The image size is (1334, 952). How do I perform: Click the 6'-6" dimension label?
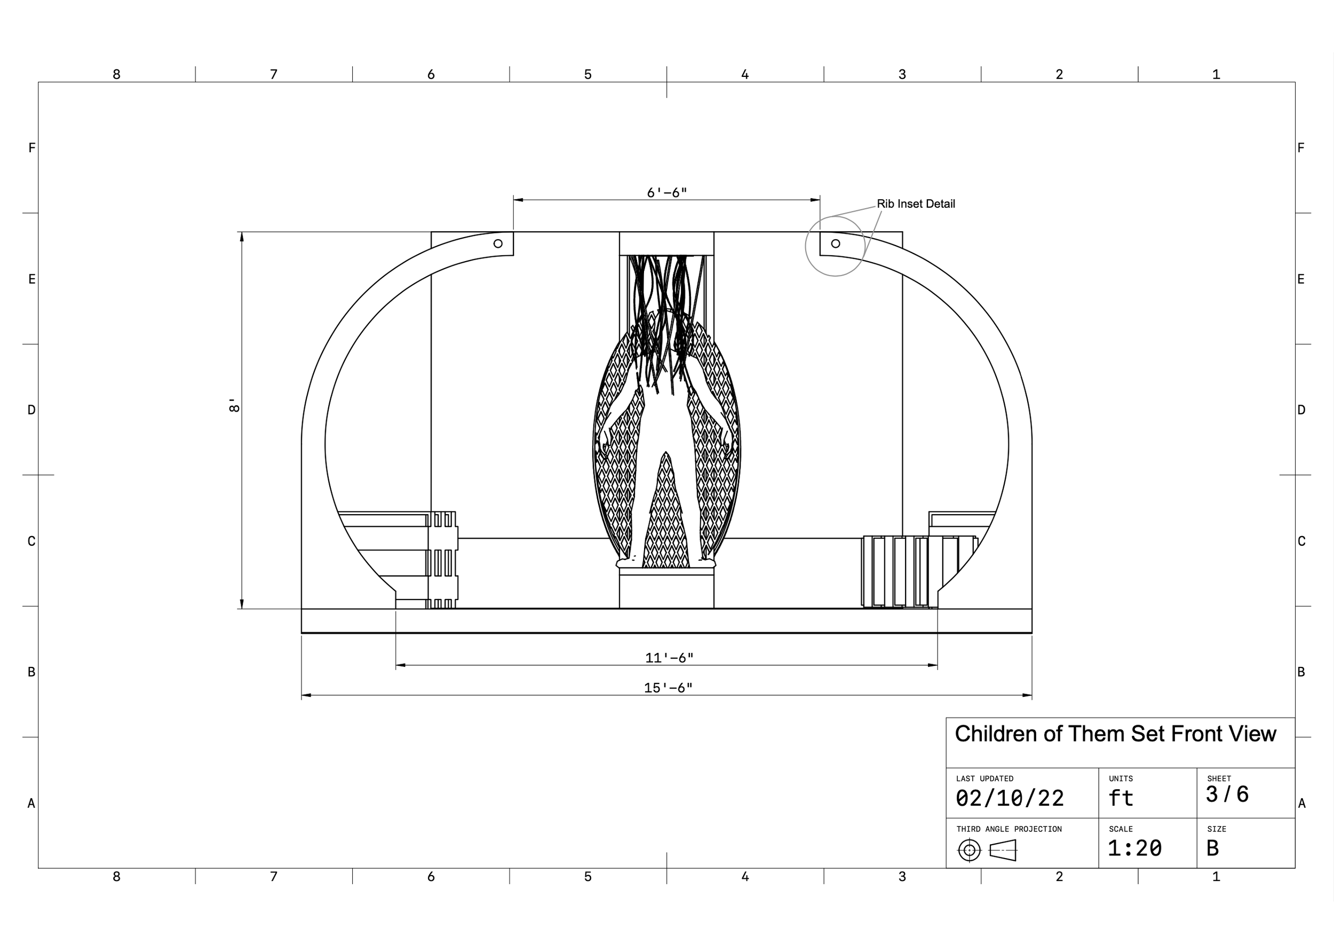point(666,193)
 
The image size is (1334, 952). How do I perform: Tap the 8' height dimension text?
point(234,406)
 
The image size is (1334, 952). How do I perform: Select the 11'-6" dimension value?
point(669,658)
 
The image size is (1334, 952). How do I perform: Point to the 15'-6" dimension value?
point(668,688)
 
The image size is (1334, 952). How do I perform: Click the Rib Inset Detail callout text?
point(916,204)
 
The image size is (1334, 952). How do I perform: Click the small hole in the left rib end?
point(498,243)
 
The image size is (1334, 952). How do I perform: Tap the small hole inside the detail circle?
point(836,243)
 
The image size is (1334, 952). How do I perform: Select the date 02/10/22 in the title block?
point(1010,798)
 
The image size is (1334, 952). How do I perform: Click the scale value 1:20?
point(1134,848)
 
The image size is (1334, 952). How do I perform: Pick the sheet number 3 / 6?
point(1227,794)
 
